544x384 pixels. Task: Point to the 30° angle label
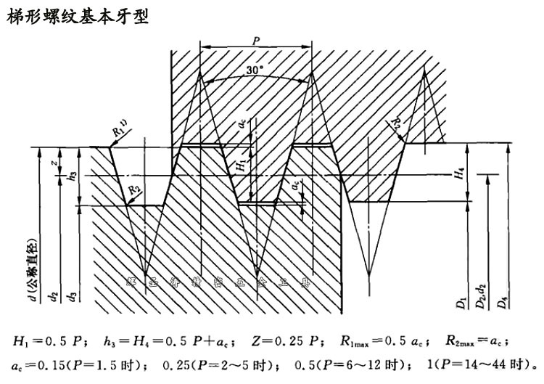tap(255, 70)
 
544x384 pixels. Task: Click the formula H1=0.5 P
tap(51, 340)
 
